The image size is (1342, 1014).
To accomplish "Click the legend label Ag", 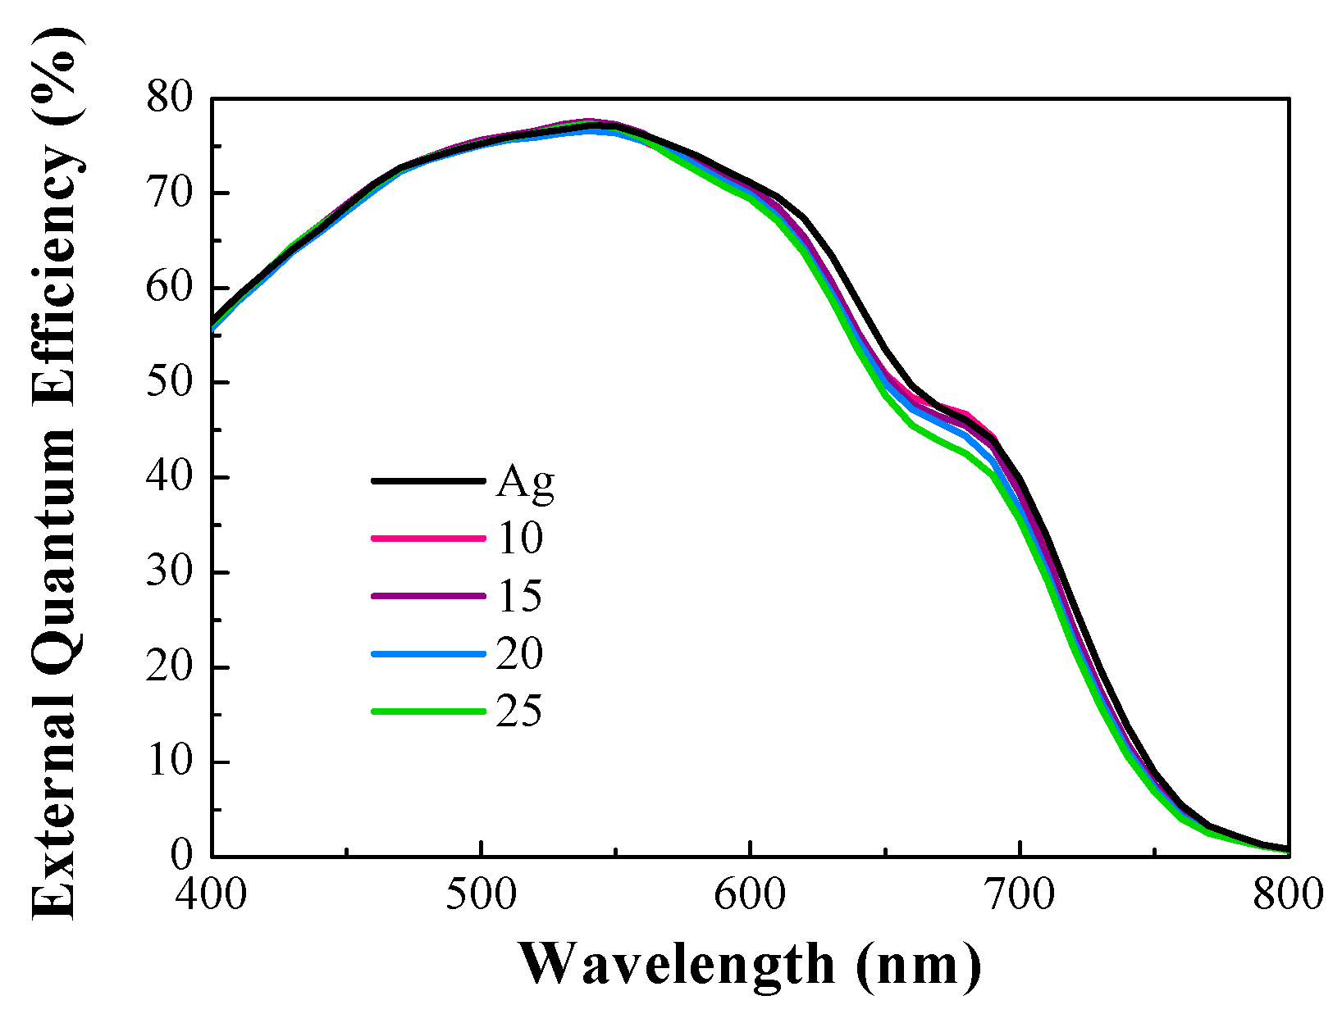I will click(525, 483).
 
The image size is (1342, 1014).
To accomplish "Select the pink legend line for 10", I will click(427, 539).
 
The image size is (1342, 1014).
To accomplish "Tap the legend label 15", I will click(518, 596).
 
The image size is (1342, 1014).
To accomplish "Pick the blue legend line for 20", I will click(427, 654).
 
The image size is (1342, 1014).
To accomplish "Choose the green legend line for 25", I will click(427, 712).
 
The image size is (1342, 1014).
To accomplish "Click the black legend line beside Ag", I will click(427, 481).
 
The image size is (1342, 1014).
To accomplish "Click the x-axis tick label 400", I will click(212, 894).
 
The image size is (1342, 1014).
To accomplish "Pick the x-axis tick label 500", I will click(482, 894).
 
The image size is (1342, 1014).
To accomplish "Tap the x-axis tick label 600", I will click(751, 894).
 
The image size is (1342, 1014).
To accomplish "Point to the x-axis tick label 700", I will click(1020, 894).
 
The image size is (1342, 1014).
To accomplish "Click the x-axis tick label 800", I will click(1288, 894).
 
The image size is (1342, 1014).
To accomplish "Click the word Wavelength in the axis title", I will click(677, 965).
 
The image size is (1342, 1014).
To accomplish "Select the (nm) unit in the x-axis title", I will click(919, 965).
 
